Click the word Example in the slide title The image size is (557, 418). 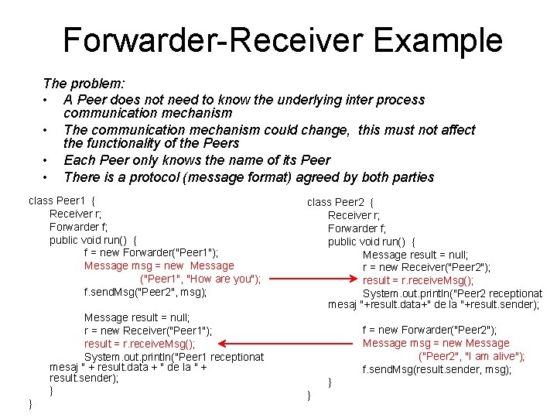[x=437, y=40]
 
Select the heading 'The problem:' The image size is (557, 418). [x=84, y=83]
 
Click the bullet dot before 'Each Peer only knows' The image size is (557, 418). [x=48, y=161]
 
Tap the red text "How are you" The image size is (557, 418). [x=223, y=279]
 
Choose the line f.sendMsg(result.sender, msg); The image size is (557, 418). [x=437, y=370]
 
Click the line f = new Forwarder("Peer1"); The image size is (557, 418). [x=151, y=253]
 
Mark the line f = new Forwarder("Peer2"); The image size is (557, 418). [x=429, y=330]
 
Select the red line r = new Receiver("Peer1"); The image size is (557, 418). [x=148, y=331]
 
